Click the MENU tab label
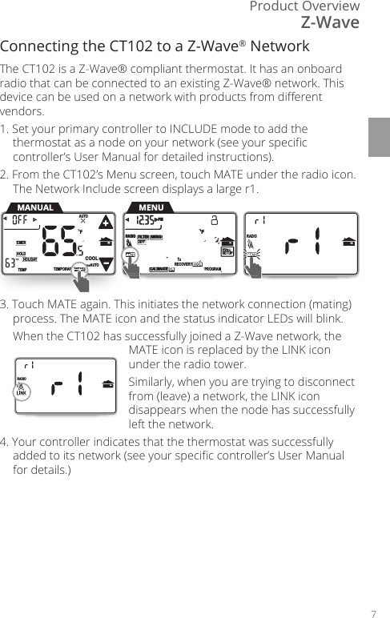151,208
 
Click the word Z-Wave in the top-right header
330,22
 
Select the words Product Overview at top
304,6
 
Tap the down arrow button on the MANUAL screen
107,267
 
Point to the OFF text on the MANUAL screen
21,219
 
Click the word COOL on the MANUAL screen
92,258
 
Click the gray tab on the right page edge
380,137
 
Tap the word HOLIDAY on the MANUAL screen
30,259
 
